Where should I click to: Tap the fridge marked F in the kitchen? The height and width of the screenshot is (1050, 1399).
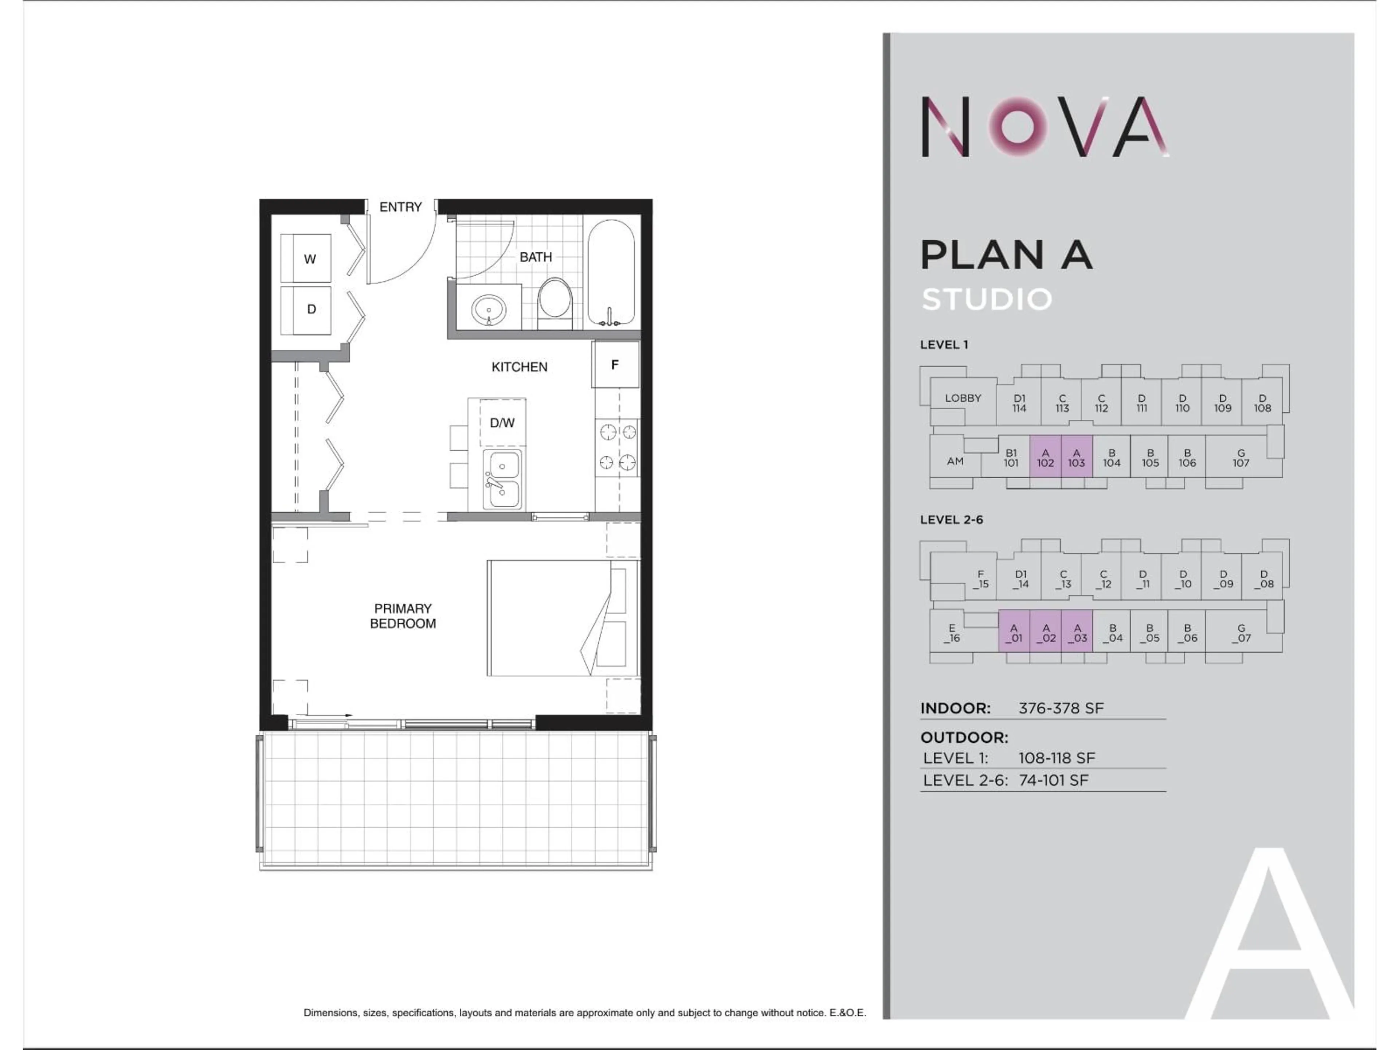615,365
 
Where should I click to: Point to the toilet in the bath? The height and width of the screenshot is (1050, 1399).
554,301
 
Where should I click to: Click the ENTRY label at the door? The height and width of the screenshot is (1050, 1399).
400,207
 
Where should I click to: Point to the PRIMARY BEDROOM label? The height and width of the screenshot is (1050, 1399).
403,616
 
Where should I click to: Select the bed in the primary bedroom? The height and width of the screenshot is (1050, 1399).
562,618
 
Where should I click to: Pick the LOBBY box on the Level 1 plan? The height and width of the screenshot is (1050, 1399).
963,398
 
